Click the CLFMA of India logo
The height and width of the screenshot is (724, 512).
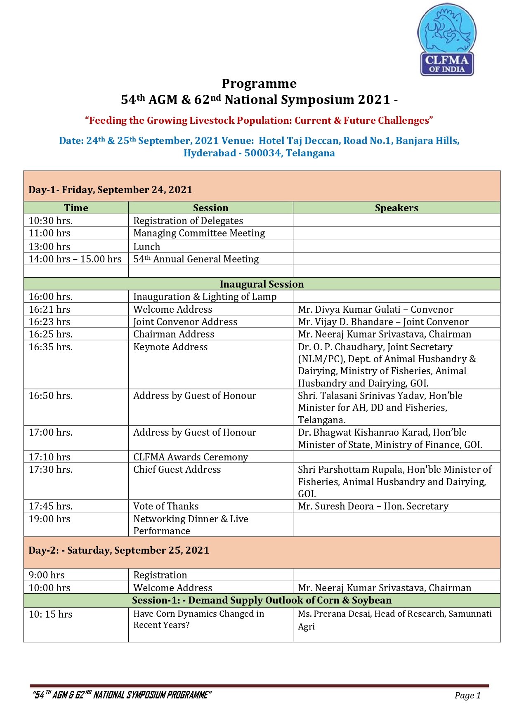(447, 40)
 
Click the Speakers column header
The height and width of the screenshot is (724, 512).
(396, 208)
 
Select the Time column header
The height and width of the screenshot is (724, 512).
(76, 208)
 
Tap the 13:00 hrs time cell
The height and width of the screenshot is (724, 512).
(50, 247)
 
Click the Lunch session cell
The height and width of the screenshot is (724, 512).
(147, 247)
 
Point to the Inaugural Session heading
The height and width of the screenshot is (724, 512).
(262, 284)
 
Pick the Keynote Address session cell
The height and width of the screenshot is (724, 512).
(170, 347)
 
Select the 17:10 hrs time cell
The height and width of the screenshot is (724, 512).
(50, 457)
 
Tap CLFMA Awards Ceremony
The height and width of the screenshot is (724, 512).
(191, 457)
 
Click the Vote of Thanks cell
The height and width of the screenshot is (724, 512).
(166, 506)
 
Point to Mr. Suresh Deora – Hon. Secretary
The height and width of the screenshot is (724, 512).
(373, 506)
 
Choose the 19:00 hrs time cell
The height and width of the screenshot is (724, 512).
(50, 519)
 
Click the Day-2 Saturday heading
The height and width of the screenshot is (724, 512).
(119, 550)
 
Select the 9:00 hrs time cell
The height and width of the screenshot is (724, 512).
(47, 575)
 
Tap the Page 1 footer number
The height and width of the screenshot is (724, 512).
(467, 696)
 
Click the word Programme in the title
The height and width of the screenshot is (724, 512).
(259, 84)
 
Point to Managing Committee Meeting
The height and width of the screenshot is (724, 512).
(199, 233)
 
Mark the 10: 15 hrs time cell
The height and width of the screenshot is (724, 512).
(50, 614)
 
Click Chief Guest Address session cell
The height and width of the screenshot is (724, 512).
(177, 469)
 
